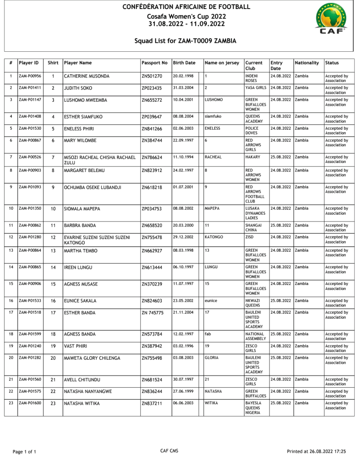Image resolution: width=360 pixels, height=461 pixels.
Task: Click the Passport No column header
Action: (154, 63)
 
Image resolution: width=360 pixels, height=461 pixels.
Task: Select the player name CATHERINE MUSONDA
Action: (86, 77)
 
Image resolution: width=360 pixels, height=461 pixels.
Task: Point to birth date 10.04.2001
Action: (183, 99)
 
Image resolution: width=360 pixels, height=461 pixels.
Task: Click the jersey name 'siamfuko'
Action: (212, 116)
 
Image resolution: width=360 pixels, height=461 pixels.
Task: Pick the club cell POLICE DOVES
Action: (252, 131)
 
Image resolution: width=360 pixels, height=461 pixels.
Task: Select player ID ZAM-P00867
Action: (30, 140)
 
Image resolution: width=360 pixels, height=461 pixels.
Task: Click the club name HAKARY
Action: (253, 157)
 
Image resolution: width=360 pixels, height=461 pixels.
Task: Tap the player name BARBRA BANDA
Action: (80, 226)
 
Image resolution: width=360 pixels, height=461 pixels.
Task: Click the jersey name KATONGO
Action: (213, 237)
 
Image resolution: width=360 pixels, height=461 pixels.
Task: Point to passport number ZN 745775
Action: (153, 313)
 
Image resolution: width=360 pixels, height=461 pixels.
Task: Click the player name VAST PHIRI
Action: (76, 346)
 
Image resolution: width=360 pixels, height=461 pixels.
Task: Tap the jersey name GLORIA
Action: (211, 358)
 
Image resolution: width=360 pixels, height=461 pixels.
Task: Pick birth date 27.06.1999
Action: (183, 391)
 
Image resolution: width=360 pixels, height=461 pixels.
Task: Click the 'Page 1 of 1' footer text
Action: (24, 452)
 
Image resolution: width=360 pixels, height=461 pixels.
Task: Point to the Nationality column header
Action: (307, 63)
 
